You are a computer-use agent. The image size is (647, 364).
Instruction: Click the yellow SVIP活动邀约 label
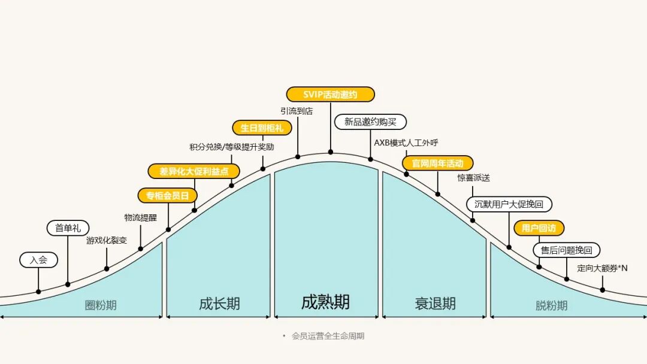(330, 95)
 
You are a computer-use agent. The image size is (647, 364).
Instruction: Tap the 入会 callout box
(38, 260)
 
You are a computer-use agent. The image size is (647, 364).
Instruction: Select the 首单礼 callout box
(68, 227)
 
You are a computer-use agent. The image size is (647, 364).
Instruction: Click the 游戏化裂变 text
(107, 241)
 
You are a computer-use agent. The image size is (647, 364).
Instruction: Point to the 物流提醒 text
(140, 218)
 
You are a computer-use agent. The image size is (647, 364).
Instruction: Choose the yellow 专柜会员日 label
(168, 196)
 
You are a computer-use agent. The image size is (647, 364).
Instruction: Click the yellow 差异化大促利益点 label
(194, 171)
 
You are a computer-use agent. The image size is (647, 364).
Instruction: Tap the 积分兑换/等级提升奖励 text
(231, 147)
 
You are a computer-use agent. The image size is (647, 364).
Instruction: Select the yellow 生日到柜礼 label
(262, 128)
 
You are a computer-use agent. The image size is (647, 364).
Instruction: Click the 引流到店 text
(297, 111)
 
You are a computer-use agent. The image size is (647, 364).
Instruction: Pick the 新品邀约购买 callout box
(370, 122)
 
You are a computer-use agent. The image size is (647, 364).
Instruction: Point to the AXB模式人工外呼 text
(406, 142)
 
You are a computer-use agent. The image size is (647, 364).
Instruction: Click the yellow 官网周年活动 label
(437, 163)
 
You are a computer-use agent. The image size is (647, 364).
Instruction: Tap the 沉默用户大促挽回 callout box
(509, 204)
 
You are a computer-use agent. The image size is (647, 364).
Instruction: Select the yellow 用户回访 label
(539, 228)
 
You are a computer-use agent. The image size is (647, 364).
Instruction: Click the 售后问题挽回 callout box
(566, 250)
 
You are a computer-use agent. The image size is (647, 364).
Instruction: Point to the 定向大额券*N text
(602, 268)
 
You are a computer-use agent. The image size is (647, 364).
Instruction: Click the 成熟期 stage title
(325, 302)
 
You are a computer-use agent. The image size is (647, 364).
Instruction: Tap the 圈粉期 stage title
(101, 305)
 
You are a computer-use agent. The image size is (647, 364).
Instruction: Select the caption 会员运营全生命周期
(328, 336)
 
